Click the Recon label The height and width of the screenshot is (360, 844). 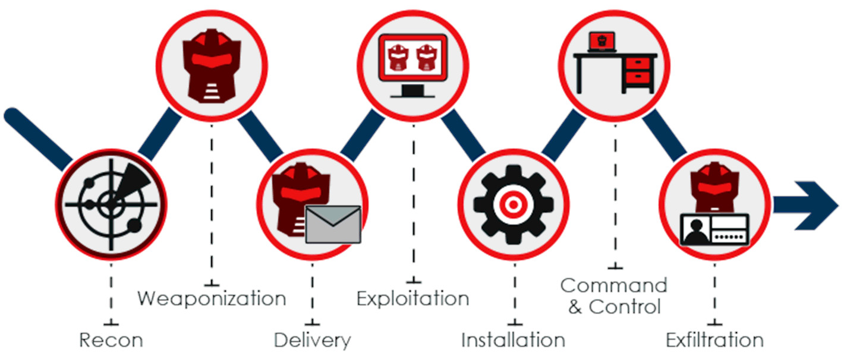(x=111, y=340)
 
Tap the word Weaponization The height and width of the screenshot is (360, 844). (x=212, y=298)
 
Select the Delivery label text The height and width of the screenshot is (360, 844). (x=312, y=340)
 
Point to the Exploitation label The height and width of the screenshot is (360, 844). (x=412, y=298)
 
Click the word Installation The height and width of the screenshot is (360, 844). (x=513, y=340)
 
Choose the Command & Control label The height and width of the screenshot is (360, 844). (x=614, y=296)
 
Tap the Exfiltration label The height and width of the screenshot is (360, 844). (x=714, y=340)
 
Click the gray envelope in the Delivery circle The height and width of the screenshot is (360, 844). (x=333, y=224)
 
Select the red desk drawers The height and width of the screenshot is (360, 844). (x=638, y=70)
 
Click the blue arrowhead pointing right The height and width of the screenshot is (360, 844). (x=814, y=205)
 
